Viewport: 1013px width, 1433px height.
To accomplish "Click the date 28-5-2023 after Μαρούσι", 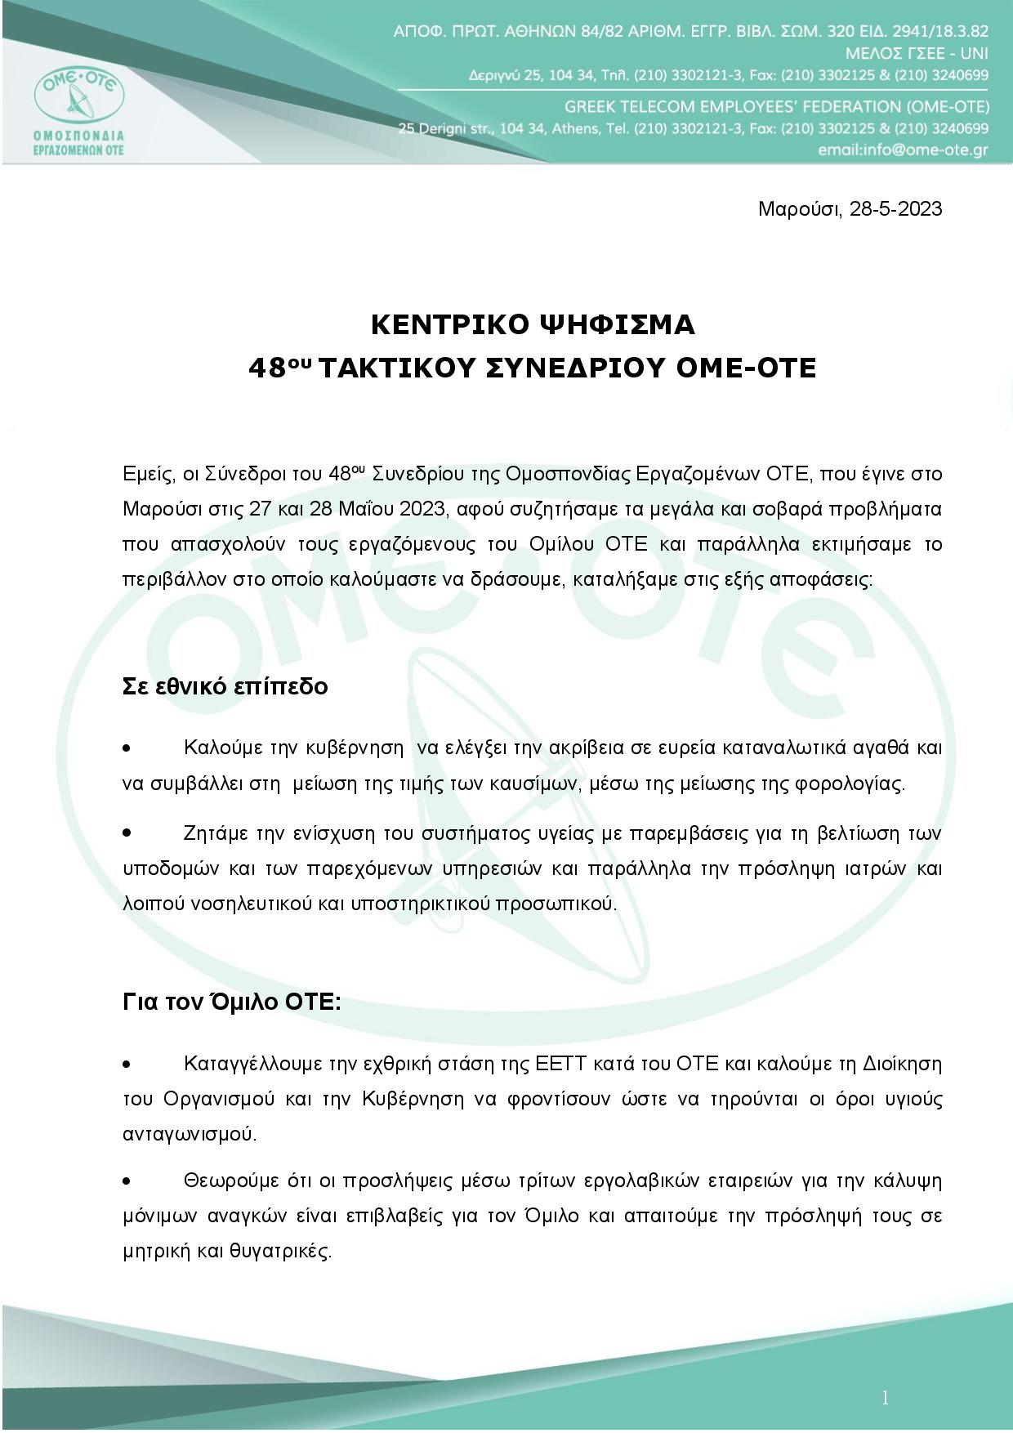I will (x=895, y=209).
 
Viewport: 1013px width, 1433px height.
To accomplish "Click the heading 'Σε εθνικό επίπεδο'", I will (x=225, y=686).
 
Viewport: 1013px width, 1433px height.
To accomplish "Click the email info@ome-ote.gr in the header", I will (x=903, y=150).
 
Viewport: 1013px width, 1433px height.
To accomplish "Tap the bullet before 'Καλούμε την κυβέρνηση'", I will (x=127, y=748).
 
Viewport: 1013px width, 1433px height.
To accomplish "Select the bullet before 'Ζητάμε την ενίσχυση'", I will (x=127, y=833).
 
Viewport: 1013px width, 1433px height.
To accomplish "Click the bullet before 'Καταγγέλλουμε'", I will (x=127, y=1065).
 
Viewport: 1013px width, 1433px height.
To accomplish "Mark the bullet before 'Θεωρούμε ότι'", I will (x=127, y=1181).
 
